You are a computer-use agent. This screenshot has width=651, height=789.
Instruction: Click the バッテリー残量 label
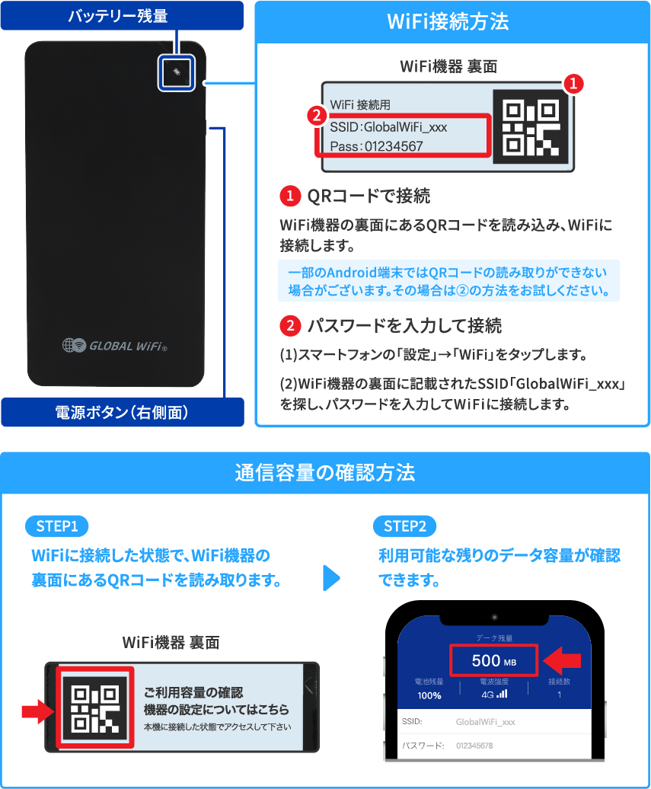pyautogui.click(x=117, y=15)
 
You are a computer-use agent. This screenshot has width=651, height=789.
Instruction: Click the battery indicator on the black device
pyautogui.click(x=177, y=72)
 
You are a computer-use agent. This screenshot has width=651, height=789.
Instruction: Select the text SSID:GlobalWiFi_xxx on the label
pyautogui.click(x=388, y=127)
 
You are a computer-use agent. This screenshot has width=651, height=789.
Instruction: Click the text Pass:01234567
pyautogui.click(x=377, y=145)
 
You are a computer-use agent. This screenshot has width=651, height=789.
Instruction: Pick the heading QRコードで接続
pyautogui.click(x=369, y=196)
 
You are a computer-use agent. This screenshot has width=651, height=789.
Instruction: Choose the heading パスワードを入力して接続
pyautogui.click(x=404, y=327)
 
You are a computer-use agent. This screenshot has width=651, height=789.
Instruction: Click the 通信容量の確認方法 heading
pyautogui.click(x=325, y=472)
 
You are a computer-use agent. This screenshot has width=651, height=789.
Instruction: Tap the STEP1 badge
pyautogui.click(x=57, y=526)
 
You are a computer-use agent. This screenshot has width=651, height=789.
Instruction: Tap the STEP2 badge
pyautogui.click(x=404, y=526)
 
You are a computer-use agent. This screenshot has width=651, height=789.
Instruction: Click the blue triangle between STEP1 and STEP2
pyautogui.click(x=330, y=577)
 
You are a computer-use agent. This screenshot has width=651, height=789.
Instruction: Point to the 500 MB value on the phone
pyautogui.click(x=493, y=661)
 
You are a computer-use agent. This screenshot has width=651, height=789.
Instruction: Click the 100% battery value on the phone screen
pyautogui.click(x=429, y=695)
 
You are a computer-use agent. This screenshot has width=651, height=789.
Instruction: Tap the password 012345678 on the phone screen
pyautogui.click(x=474, y=746)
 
